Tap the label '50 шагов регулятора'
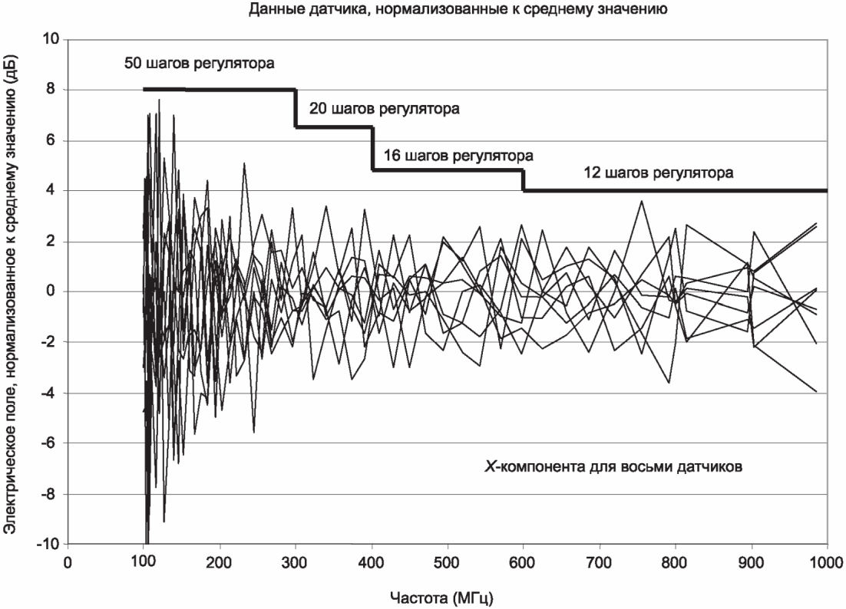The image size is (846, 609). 199,62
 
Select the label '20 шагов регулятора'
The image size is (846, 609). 384,109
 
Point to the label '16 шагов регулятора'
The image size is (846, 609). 458,156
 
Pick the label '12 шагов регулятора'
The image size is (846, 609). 659,173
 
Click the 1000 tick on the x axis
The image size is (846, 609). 826,561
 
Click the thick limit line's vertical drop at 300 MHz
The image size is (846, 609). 296,108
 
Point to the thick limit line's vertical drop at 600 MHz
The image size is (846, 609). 523,180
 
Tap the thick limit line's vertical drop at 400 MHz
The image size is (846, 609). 372,148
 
